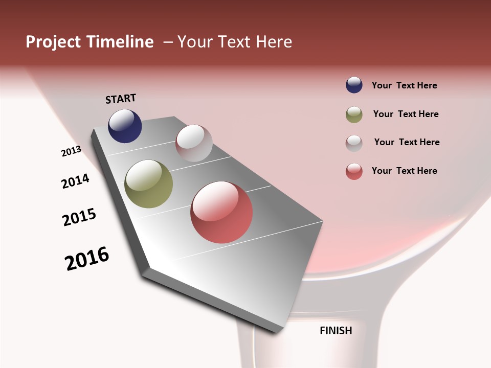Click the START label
[x=121, y=99]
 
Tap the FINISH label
[x=336, y=331]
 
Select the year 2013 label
[x=71, y=151]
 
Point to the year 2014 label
[x=75, y=181]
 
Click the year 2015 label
[x=79, y=217]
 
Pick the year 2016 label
[x=87, y=259]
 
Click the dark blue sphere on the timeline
[x=125, y=126]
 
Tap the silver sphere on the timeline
[x=194, y=143]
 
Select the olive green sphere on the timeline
[x=149, y=184]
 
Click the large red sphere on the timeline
[x=221, y=212]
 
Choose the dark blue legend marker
[x=354, y=85]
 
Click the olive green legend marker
[x=354, y=114]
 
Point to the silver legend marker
[x=354, y=143]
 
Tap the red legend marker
[x=354, y=171]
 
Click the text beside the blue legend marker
[x=404, y=86]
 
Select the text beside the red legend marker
[x=404, y=171]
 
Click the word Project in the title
[x=54, y=42]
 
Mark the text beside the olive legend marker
[x=406, y=114]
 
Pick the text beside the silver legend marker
[x=407, y=142]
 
